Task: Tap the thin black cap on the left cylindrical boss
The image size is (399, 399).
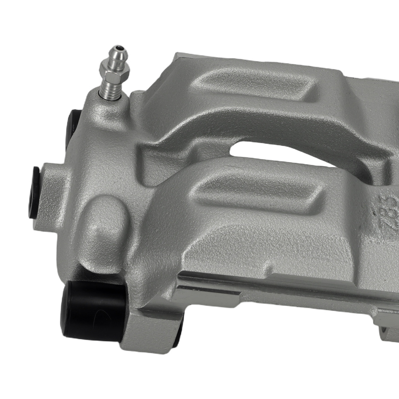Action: (34, 192)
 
